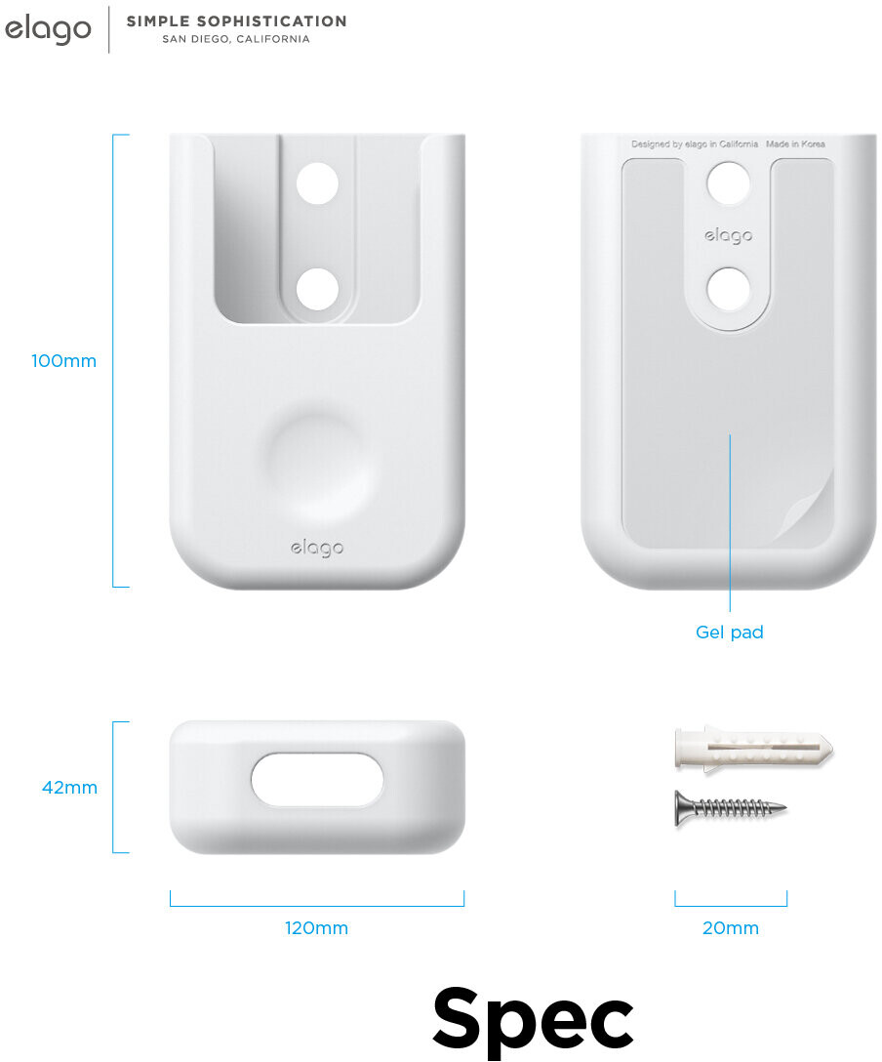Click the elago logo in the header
(48, 30)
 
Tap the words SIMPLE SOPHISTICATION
(236, 20)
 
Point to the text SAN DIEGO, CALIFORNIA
(236, 40)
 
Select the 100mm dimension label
(64, 361)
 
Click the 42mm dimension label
(69, 787)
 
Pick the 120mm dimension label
(316, 928)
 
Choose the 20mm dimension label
(731, 928)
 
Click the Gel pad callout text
(730, 633)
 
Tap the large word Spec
(533, 1017)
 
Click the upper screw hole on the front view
(317, 184)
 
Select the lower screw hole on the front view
(317, 289)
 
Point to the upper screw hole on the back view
(729, 183)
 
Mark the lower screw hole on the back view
(729, 288)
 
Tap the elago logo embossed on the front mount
(317, 549)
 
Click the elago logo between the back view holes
(729, 236)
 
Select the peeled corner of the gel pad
(812, 507)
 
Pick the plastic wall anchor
(753, 750)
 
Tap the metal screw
(730, 808)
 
